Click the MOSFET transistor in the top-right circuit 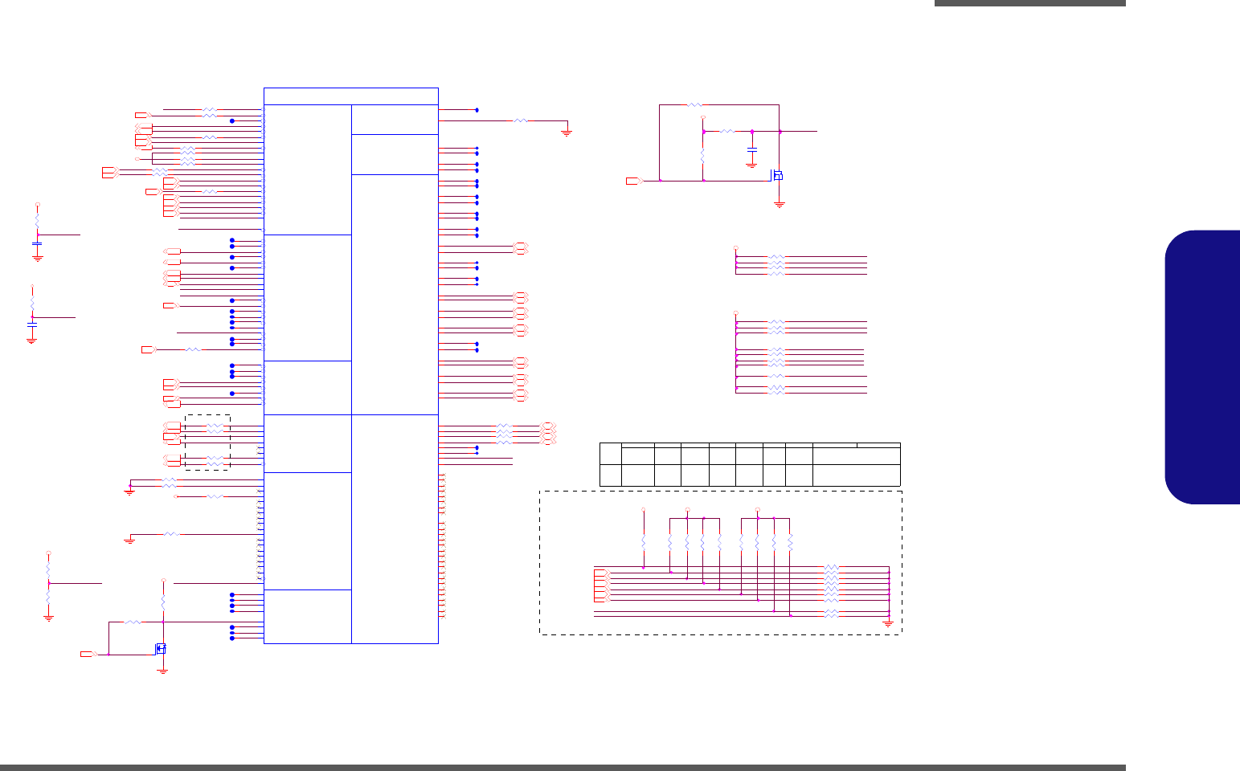(x=776, y=174)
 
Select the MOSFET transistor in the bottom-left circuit (x=161, y=648)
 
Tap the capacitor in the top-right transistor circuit (x=751, y=150)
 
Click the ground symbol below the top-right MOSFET (x=779, y=205)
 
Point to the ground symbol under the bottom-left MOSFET (x=162, y=670)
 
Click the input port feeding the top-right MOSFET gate (x=634, y=181)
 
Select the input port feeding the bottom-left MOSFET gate (x=88, y=655)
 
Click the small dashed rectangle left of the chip (x=207, y=442)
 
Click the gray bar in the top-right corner (x=1029, y=3)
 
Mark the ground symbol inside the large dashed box (x=888, y=622)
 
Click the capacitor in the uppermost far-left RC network (x=37, y=243)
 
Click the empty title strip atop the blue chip (x=350, y=96)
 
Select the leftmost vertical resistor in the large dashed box (x=644, y=544)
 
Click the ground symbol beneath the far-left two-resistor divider (x=48, y=618)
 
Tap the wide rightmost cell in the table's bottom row (x=856, y=475)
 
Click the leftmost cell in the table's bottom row (x=610, y=475)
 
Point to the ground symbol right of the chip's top (x=567, y=133)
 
